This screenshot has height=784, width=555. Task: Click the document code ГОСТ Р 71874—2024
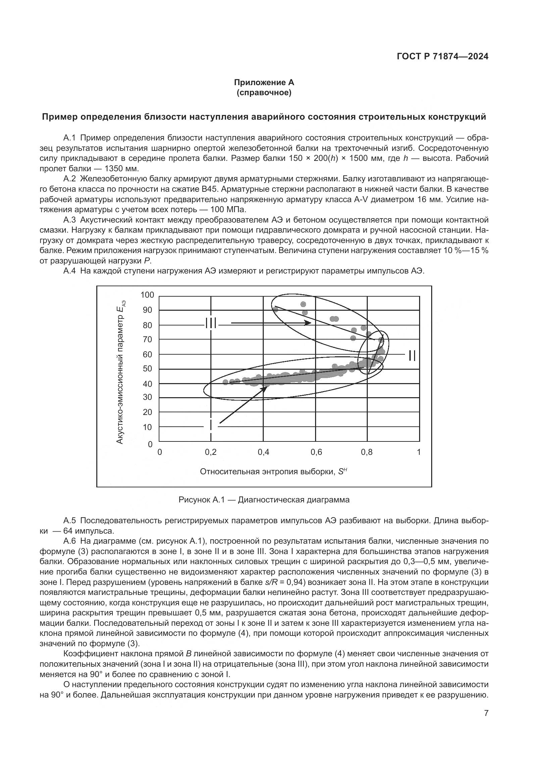click(443, 57)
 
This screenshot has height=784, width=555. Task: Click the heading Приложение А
click(263, 82)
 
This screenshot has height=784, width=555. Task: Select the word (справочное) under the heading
click(264, 93)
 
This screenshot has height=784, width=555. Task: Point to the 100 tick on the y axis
click(147, 295)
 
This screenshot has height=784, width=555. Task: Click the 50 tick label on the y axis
click(147, 369)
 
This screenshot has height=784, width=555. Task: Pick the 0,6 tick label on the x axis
click(316, 452)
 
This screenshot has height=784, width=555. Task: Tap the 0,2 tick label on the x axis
click(211, 452)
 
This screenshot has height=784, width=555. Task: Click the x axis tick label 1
click(419, 452)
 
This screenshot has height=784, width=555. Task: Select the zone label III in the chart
click(211, 323)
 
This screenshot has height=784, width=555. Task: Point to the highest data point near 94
click(303, 304)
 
